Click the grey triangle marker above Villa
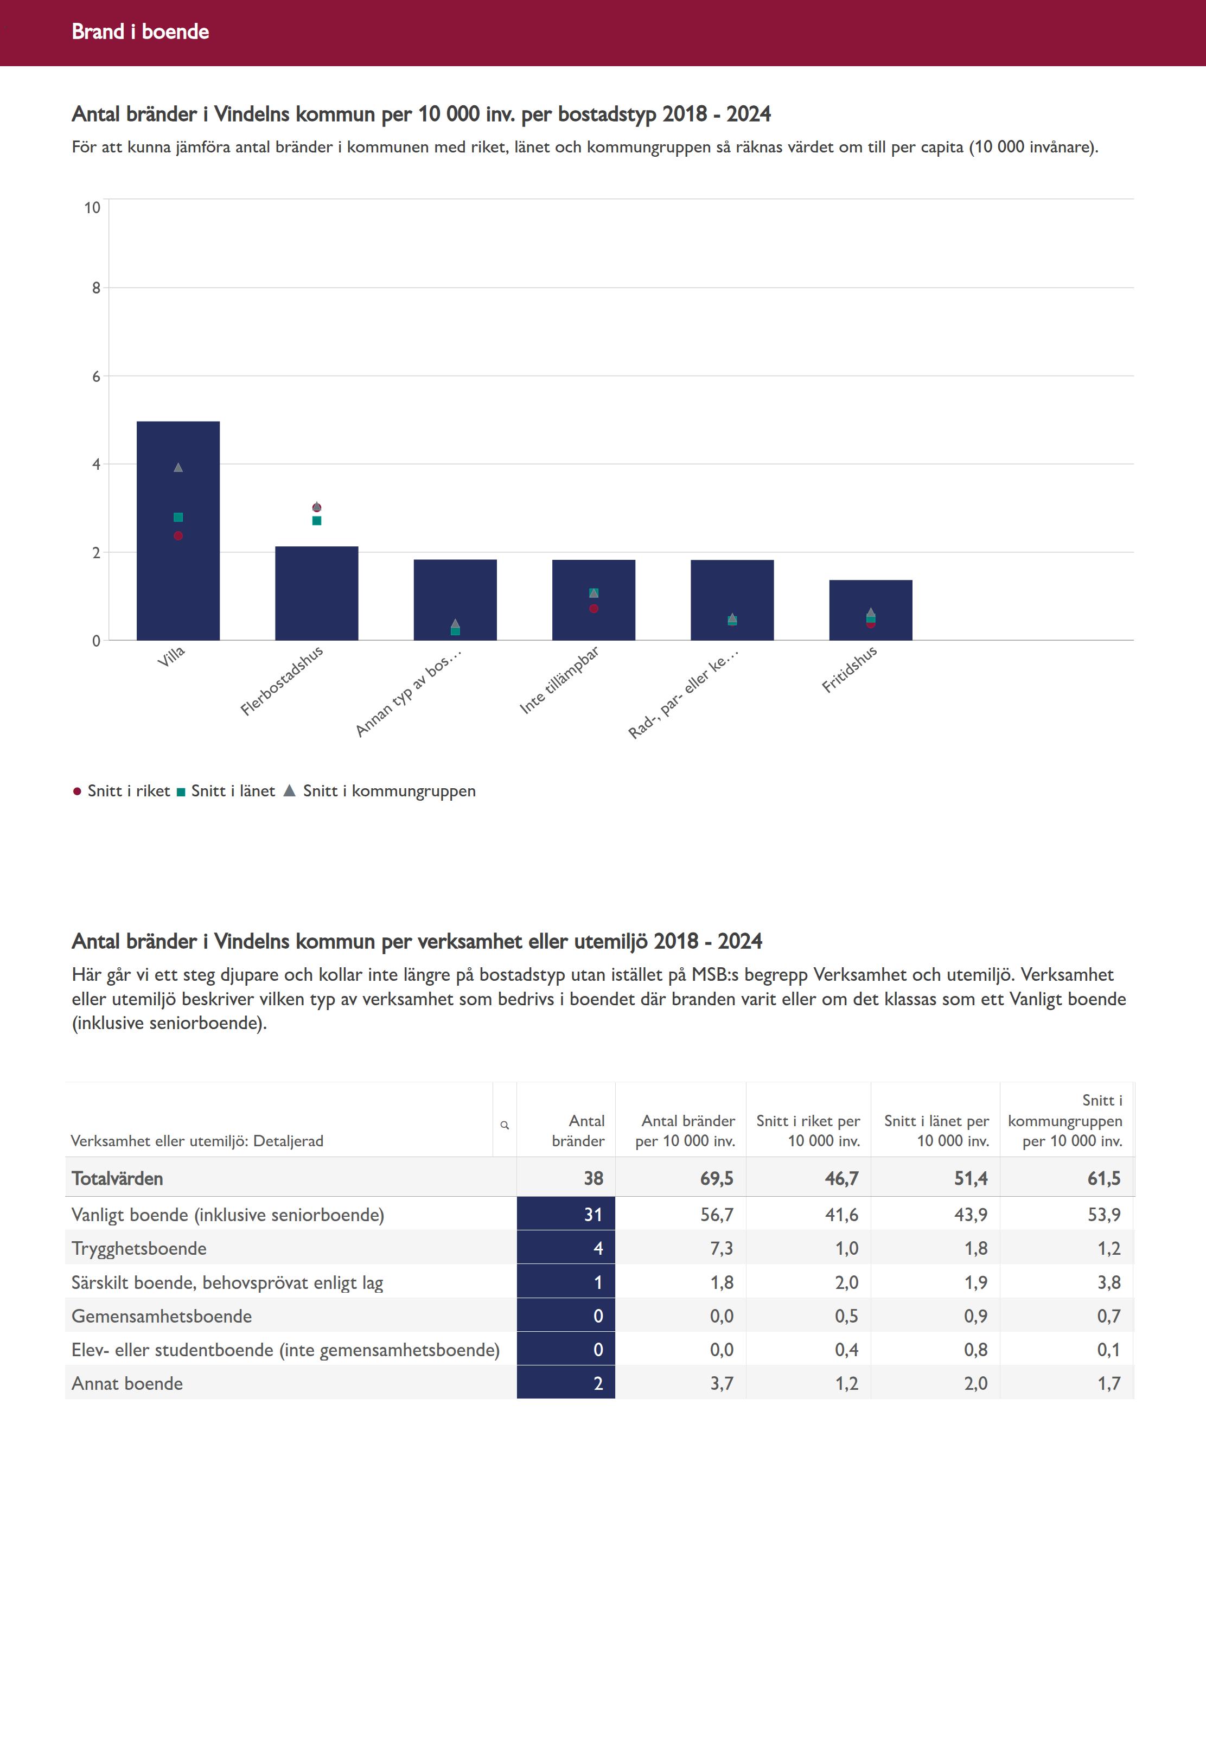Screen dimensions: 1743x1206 point(178,468)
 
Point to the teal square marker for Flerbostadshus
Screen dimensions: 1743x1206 point(317,521)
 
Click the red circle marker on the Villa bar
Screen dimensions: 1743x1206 point(178,535)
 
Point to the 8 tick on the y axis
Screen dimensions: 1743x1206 point(96,288)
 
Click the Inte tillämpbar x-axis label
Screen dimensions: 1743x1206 point(559,679)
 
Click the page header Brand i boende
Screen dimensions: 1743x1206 point(141,31)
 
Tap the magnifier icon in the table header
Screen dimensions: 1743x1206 point(505,1125)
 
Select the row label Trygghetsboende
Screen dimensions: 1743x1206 point(139,1248)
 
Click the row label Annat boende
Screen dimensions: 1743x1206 point(127,1383)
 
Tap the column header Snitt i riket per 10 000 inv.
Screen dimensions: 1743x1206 point(808,1131)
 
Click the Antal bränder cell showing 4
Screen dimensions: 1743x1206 point(598,1248)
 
